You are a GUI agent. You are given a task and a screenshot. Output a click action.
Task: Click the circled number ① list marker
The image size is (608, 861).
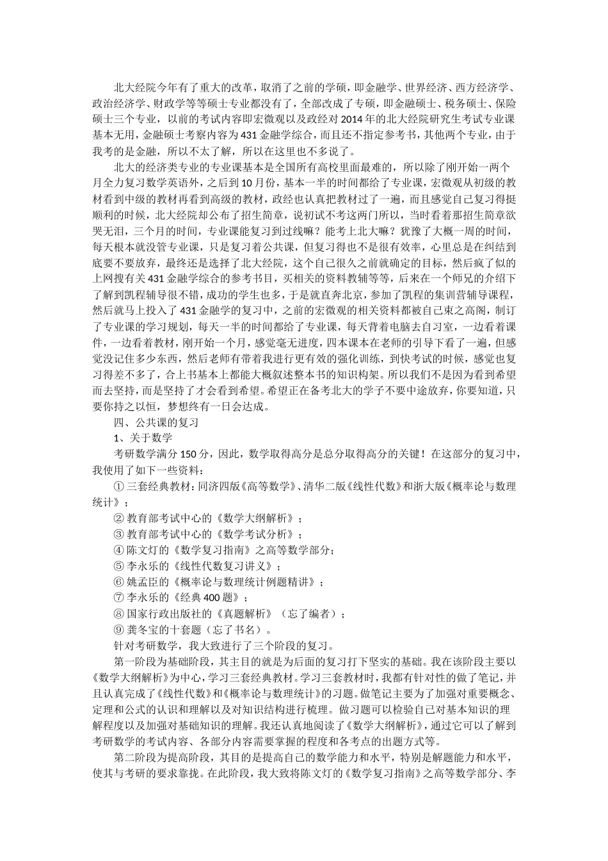click(x=118, y=486)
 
